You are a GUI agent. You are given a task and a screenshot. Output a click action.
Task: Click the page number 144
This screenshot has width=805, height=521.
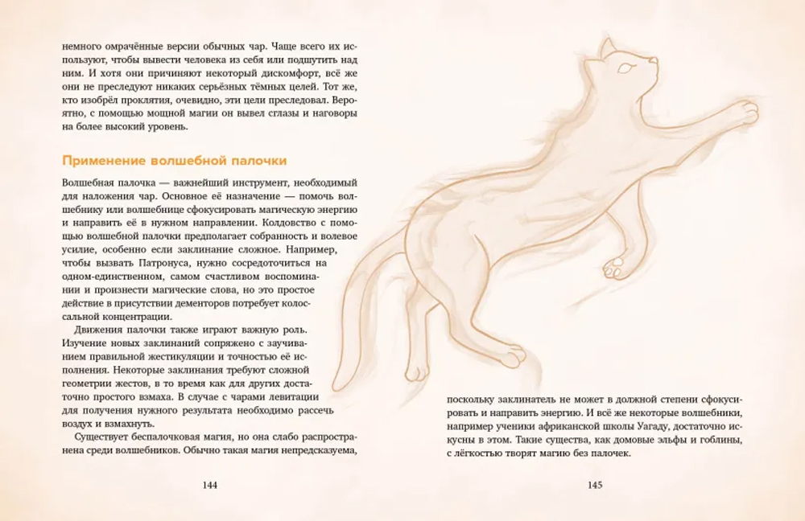pos(210,485)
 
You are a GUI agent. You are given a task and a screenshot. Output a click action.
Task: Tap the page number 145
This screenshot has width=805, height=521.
pos(595,485)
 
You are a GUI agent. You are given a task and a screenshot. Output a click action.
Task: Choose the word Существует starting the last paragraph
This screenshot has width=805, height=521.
pos(104,438)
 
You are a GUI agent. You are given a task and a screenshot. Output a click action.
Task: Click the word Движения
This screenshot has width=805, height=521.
pos(101,330)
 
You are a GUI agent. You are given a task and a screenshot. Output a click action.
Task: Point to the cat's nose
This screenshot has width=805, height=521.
pos(656,59)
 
